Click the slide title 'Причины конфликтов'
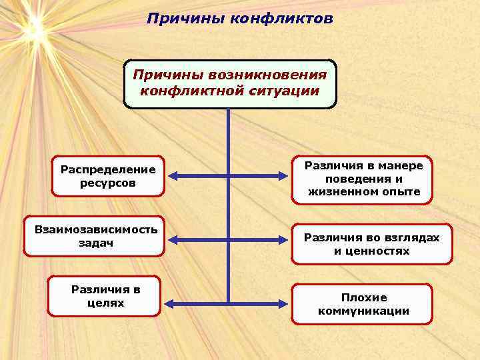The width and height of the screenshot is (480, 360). [240, 18]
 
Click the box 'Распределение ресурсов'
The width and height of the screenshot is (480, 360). [108, 176]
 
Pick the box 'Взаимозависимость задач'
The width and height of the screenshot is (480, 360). [95, 236]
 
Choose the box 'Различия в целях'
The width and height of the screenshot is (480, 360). [105, 296]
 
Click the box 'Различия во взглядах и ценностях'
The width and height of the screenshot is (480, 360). [371, 244]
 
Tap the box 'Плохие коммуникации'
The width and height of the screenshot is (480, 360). [363, 305]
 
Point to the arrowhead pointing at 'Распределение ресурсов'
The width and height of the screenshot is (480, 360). [172, 176]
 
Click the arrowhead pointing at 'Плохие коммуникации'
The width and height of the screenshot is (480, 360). [285, 304]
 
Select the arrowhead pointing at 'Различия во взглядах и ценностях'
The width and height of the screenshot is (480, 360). [285, 239]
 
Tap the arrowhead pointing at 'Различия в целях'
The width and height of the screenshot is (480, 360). [169, 304]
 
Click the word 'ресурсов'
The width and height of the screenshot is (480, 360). [108, 182]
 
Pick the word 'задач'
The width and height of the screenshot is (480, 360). [95, 243]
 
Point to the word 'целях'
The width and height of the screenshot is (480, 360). [105, 303]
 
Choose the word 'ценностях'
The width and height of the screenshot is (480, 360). [382, 251]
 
